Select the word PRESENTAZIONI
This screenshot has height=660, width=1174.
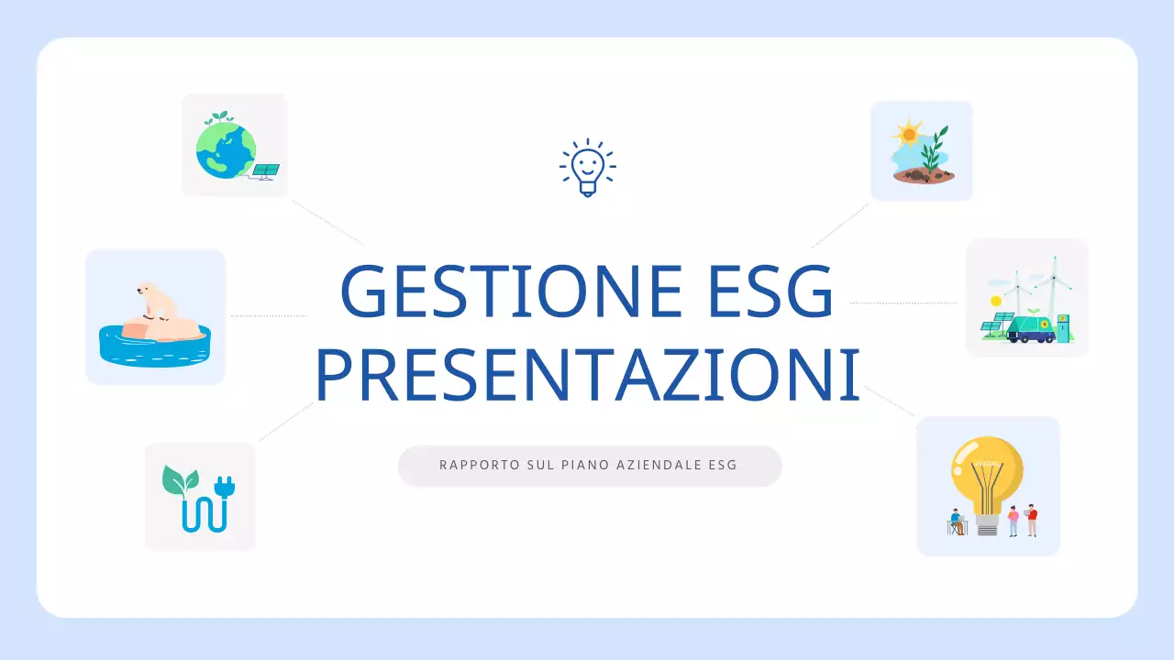(x=587, y=375)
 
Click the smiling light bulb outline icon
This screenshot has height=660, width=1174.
(x=587, y=167)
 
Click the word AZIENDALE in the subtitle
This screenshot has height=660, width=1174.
(x=659, y=466)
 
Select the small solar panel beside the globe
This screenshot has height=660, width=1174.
(x=267, y=170)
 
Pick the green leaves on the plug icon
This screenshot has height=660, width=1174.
(x=179, y=479)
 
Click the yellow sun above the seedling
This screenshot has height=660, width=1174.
(x=908, y=134)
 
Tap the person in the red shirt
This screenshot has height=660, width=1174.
(x=1032, y=519)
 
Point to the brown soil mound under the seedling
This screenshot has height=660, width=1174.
(x=922, y=175)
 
